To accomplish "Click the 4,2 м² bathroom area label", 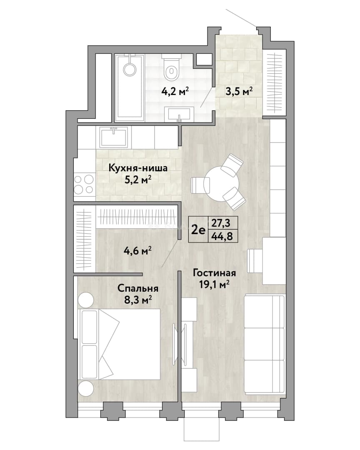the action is pyautogui.click(x=175, y=92).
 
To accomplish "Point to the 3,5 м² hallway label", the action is pyautogui.click(x=238, y=92).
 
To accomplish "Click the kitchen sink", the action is pyautogui.click(x=114, y=137).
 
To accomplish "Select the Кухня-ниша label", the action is pyautogui.click(x=138, y=168).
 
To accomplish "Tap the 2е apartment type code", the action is pyautogui.click(x=198, y=230).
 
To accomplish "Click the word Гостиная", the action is pyautogui.click(x=215, y=272).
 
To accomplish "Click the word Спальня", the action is pyautogui.click(x=138, y=288).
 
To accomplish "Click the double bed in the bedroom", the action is pyautogui.click(x=119, y=344).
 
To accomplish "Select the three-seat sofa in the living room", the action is pyautogui.click(x=265, y=345).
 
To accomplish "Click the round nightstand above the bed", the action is pyautogui.click(x=85, y=300).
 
